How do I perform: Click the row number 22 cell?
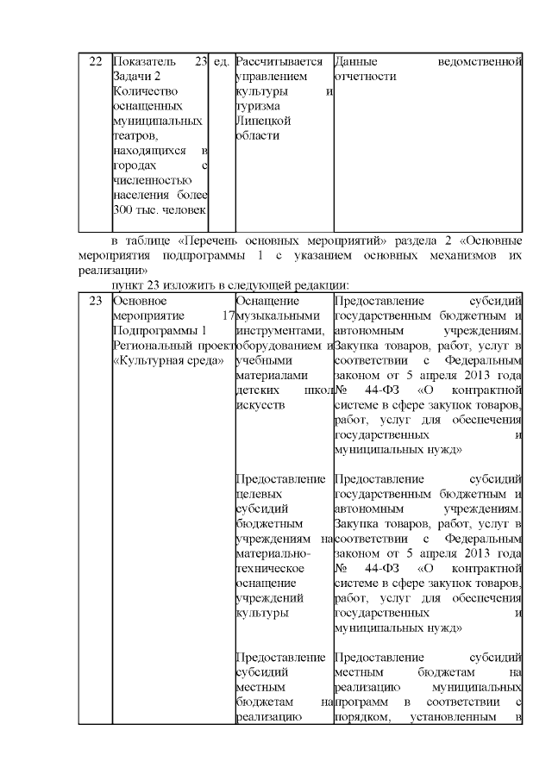click(95, 62)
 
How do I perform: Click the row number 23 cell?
click(95, 301)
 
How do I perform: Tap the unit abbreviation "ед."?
click(221, 62)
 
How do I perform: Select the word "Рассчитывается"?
click(279, 62)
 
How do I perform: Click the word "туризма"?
click(257, 106)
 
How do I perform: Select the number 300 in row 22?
click(122, 209)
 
